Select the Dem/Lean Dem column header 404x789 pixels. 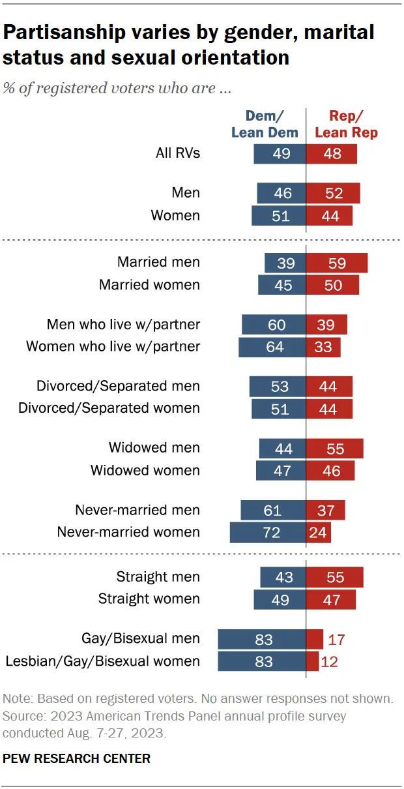[x=264, y=124]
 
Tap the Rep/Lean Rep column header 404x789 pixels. [x=346, y=124]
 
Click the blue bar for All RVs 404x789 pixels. [x=280, y=154]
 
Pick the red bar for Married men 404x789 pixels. [x=337, y=263]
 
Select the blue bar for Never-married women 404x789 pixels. [x=268, y=532]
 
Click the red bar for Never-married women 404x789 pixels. [x=319, y=532]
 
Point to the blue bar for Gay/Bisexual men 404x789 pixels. [x=262, y=639]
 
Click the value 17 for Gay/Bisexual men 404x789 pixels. [x=336, y=639]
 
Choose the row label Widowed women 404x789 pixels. [x=145, y=470]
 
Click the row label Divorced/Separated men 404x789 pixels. [x=118, y=386]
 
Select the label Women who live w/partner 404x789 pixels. [x=113, y=346]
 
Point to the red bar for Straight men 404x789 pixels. [x=335, y=577]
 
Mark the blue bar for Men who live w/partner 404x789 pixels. [x=274, y=325]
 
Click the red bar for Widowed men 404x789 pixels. [x=335, y=448]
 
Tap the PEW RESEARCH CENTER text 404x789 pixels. [x=77, y=758]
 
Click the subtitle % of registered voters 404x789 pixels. [x=117, y=88]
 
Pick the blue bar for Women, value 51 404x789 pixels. [x=279, y=215]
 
